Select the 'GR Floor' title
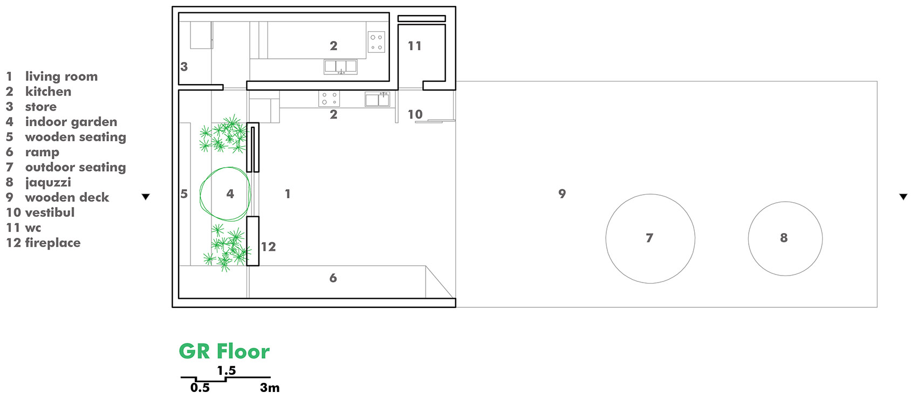click(x=224, y=351)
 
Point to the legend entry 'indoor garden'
click(x=71, y=122)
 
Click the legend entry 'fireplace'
click(x=53, y=243)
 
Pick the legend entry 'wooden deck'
click(x=67, y=197)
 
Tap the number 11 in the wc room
click(x=414, y=46)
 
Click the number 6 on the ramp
click(x=333, y=278)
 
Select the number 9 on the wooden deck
click(x=562, y=194)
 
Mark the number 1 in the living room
click(x=288, y=194)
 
